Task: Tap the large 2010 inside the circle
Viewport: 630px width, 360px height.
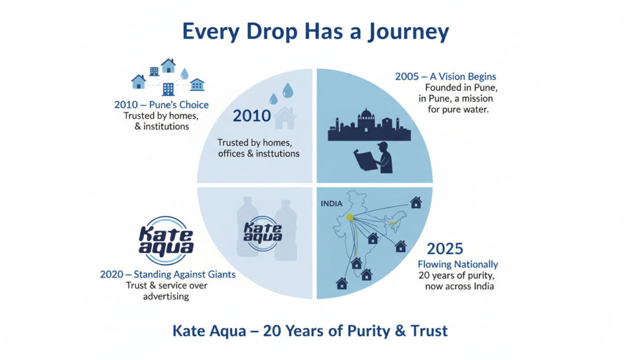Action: pyautogui.click(x=252, y=116)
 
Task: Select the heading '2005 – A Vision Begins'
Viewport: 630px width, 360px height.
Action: pyautogui.click(x=445, y=76)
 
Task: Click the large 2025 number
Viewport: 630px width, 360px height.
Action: pyautogui.click(x=445, y=249)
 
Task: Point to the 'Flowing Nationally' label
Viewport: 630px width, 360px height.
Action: pyautogui.click(x=458, y=265)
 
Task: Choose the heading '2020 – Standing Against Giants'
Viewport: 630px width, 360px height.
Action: pyautogui.click(x=167, y=274)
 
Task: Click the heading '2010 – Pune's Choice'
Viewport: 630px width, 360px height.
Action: pyautogui.click(x=162, y=105)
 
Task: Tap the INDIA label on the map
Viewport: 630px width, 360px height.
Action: pyautogui.click(x=332, y=204)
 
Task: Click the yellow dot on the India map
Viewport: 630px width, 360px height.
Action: pyautogui.click(x=349, y=217)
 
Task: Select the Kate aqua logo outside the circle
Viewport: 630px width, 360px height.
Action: pyautogui.click(x=166, y=241)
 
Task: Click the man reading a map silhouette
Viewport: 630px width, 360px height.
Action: pyautogui.click(x=373, y=158)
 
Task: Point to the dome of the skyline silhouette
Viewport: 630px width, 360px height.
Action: pyautogui.click(x=366, y=115)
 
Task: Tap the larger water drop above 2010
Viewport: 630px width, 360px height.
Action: pyautogui.click(x=288, y=90)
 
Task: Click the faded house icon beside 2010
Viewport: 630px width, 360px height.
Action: pyautogui.click(x=285, y=118)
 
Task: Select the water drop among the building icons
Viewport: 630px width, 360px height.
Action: pyautogui.click(x=185, y=73)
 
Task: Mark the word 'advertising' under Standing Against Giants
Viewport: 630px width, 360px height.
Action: pyautogui.click(x=166, y=297)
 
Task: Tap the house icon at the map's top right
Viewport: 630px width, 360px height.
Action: pyautogui.click(x=416, y=202)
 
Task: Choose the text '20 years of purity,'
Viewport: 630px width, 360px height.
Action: pyautogui.click(x=457, y=276)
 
